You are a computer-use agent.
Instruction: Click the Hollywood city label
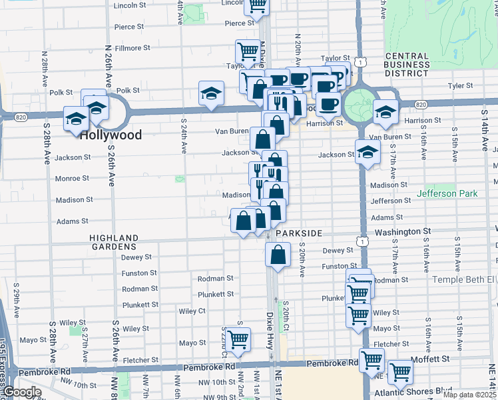pos(111,135)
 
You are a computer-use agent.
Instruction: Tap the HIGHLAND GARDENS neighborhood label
pos(115,243)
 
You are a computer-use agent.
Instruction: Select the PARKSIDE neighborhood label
pos(300,233)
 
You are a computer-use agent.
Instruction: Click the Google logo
pos(22,392)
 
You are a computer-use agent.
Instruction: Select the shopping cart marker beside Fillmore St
pos(247,51)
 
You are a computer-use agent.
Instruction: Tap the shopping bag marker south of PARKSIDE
pos(278,254)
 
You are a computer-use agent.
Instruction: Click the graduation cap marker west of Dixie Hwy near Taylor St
pos(211,93)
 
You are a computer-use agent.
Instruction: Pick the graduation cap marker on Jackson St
pos(368,152)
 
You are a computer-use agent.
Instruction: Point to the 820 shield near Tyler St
pos(420,105)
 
